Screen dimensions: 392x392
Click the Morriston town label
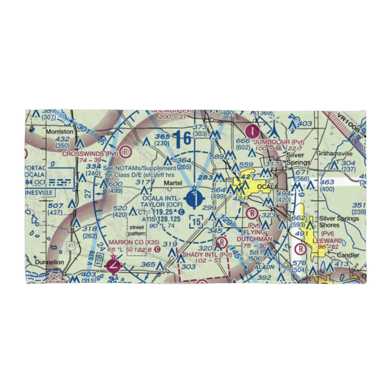coord(60,132)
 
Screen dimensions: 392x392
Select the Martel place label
coord(173,183)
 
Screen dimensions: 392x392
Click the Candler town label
coord(348,255)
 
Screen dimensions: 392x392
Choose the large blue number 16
coord(183,138)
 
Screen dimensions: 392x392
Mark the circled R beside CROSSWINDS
coord(125,151)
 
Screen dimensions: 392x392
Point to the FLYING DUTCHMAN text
coord(254,236)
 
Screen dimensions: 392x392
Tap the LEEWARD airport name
coord(328,241)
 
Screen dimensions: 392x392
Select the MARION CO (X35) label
coord(134,242)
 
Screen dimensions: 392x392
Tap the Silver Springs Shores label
coord(339,221)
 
